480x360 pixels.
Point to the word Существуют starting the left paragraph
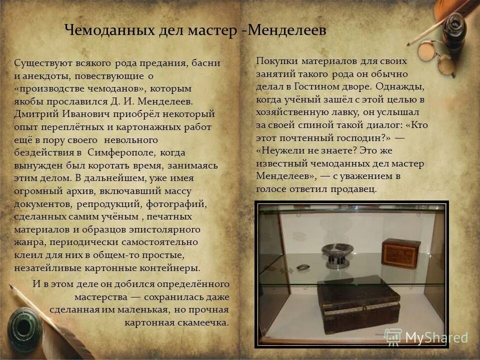(x=39, y=63)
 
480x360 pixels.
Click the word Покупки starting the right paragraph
(x=274, y=61)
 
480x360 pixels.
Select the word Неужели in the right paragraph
(x=276, y=150)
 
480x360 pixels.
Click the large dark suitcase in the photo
(x=358, y=307)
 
